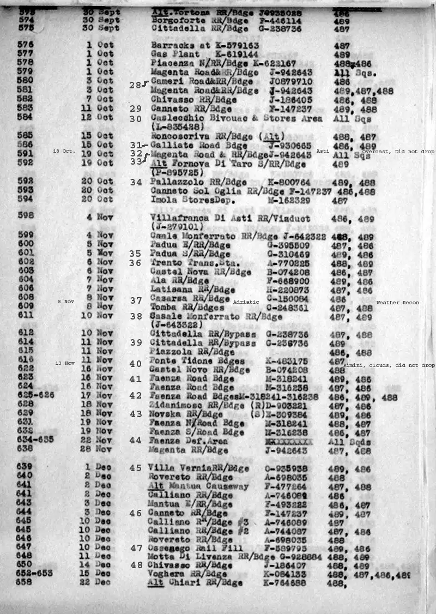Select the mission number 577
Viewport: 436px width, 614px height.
click(x=26, y=54)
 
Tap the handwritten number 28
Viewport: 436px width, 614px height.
click(x=135, y=85)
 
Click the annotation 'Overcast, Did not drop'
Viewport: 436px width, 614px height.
click(x=398, y=151)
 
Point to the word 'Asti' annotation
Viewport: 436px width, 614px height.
click(x=323, y=151)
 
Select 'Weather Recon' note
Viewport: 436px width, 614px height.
click(x=397, y=302)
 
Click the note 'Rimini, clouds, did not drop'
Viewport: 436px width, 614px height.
click(x=389, y=365)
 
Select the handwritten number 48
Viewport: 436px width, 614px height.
click(x=136, y=565)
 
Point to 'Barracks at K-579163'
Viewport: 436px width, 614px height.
click(x=205, y=46)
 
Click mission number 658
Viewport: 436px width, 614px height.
click(x=25, y=582)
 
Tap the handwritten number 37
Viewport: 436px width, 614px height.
click(x=136, y=300)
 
